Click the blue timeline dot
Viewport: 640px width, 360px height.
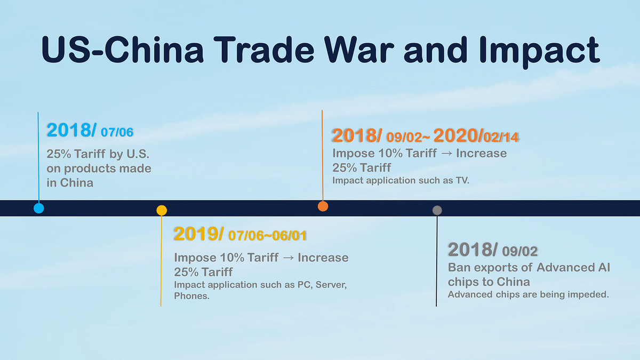click(x=38, y=208)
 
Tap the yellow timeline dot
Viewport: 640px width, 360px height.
click(x=162, y=210)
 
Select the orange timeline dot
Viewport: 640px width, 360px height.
click(x=323, y=206)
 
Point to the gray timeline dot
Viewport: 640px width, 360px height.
click(x=437, y=210)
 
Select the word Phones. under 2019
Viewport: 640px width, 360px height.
click(x=191, y=295)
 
